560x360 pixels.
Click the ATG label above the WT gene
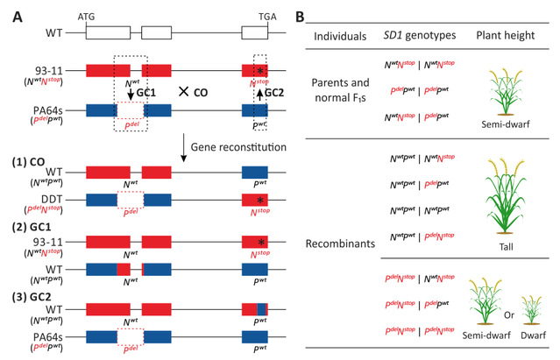[x=87, y=17]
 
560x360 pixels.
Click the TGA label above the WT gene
[x=255, y=17]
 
